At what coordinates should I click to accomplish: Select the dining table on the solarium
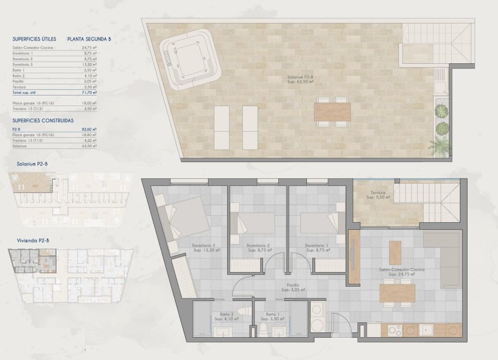332,111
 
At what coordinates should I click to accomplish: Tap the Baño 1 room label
272,315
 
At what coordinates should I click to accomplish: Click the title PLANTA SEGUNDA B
89,39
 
